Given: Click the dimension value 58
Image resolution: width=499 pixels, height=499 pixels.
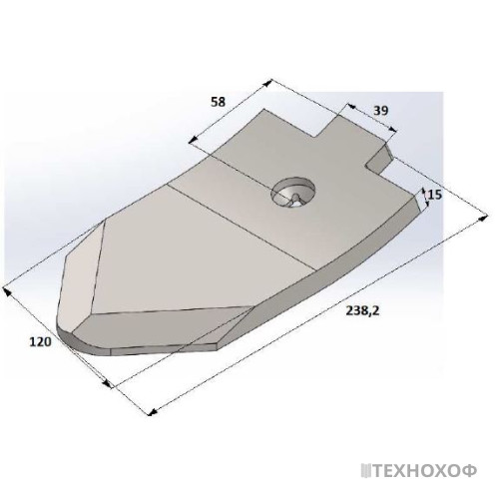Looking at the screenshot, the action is (219, 102).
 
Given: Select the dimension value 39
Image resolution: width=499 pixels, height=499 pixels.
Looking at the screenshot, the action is (380, 111).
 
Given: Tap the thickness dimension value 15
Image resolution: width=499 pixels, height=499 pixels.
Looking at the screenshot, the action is (435, 194).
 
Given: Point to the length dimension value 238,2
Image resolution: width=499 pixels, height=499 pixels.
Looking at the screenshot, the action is (363, 310).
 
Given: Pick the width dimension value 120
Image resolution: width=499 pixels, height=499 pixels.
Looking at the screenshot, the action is (41, 341).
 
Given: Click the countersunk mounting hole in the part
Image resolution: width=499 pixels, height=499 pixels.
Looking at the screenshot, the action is (293, 193).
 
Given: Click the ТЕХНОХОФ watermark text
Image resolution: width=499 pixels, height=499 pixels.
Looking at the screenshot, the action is (425, 471).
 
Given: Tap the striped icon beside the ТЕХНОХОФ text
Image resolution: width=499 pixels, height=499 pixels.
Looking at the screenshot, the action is (366, 471).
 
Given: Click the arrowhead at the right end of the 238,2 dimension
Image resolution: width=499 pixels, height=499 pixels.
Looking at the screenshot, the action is (483, 219).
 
